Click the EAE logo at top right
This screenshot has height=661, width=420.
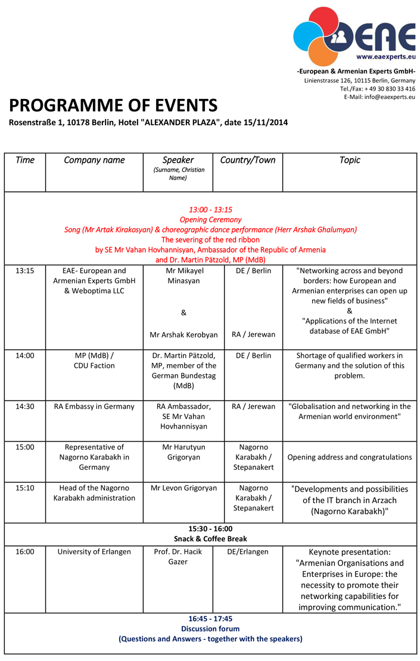[x=354, y=35]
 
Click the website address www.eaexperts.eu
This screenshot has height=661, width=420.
[x=385, y=57]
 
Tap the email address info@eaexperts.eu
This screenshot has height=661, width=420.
[x=390, y=97]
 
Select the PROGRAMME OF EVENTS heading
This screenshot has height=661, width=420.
[x=113, y=105]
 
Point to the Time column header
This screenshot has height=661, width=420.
[x=25, y=160]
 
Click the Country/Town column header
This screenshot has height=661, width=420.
[x=247, y=160]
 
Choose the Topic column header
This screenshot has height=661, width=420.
[x=349, y=160]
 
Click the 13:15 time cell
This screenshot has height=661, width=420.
[x=25, y=271]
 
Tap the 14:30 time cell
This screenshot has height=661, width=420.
[x=25, y=406]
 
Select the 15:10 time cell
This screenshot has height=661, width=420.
[x=25, y=488]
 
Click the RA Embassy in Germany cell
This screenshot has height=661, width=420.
[x=94, y=406]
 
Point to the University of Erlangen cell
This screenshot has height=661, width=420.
[x=94, y=551]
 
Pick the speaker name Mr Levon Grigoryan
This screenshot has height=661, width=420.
[x=183, y=488]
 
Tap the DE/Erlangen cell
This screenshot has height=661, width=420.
[x=248, y=551]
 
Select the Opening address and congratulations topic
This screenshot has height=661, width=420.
[x=350, y=457]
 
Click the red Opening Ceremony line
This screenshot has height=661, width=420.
[x=210, y=219]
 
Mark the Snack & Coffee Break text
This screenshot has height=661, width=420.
[x=210, y=539]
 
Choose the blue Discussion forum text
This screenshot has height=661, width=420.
[x=210, y=628]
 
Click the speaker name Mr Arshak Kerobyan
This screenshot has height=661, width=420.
[x=183, y=334]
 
